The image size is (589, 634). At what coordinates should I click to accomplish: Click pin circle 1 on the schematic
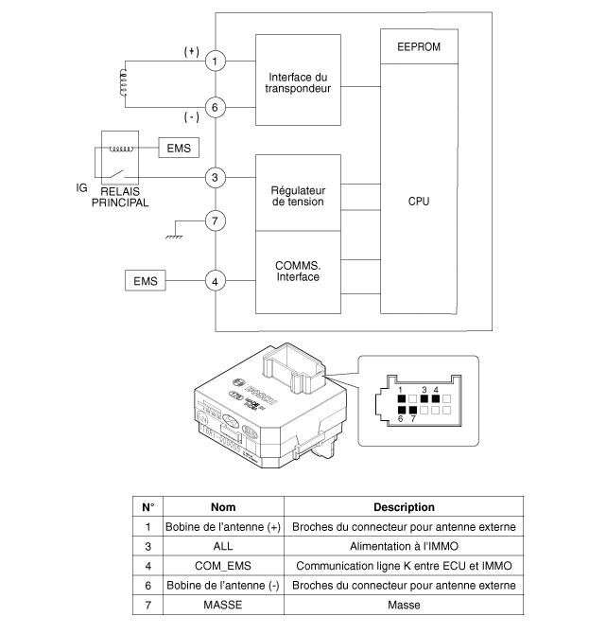[216, 62]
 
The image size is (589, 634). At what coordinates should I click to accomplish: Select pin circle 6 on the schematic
[216, 108]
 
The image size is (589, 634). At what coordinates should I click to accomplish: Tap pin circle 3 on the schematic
[216, 177]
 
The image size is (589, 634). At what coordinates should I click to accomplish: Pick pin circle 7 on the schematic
[216, 221]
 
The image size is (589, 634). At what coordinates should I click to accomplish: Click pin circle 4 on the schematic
[216, 280]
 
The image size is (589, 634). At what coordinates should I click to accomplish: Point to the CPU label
[419, 201]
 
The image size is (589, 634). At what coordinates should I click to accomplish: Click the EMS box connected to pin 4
[145, 280]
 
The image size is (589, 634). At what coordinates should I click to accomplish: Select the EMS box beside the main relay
[178, 149]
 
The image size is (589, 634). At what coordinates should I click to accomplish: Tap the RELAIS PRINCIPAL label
[120, 196]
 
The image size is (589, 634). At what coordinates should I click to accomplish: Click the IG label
[82, 187]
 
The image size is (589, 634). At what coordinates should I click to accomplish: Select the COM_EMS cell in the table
[222, 566]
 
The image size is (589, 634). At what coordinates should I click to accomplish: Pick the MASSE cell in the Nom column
[222, 606]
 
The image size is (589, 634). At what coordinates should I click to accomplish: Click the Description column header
[404, 507]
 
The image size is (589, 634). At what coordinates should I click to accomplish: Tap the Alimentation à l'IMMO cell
[404, 546]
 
